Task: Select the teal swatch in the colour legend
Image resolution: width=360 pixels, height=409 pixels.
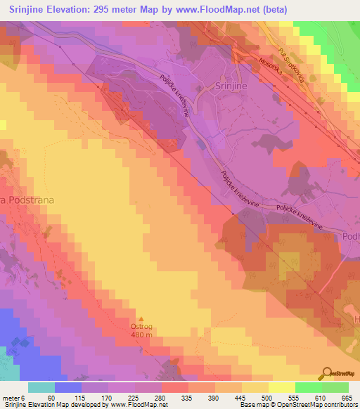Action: pyautogui.click(x=41, y=387)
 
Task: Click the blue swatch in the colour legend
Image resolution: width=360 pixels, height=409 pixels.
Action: pyautogui.click(x=67, y=387)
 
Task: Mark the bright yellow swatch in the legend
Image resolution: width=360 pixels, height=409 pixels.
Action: pyautogui.click(x=281, y=387)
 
